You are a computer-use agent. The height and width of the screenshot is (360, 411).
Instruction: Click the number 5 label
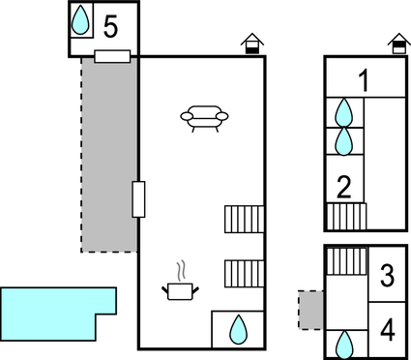(x=110, y=27)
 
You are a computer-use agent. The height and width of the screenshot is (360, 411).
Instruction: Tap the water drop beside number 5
(x=83, y=20)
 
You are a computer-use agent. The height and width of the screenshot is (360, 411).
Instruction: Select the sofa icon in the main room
(x=205, y=118)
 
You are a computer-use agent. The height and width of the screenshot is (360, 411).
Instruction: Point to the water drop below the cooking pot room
(x=237, y=330)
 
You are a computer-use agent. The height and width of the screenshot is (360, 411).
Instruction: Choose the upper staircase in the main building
(x=244, y=219)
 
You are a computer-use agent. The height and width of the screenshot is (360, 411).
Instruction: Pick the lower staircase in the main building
(x=244, y=274)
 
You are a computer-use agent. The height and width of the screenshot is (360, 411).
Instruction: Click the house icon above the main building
(x=250, y=45)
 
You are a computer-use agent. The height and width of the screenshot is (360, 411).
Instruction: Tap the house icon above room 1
(x=398, y=45)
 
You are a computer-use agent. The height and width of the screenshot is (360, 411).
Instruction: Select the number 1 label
(x=365, y=80)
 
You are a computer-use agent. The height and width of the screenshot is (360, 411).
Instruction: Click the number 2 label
(x=342, y=184)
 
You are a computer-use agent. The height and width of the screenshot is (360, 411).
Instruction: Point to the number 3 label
(x=387, y=278)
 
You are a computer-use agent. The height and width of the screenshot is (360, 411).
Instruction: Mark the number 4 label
(x=387, y=330)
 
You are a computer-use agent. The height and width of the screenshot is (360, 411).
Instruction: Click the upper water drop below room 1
(x=343, y=112)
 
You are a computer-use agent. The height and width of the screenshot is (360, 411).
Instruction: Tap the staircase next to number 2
(x=345, y=216)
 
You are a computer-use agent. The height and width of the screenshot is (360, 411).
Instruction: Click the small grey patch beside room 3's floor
(x=309, y=310)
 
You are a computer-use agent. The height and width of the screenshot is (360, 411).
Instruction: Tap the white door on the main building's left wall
(x=138, y=199)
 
